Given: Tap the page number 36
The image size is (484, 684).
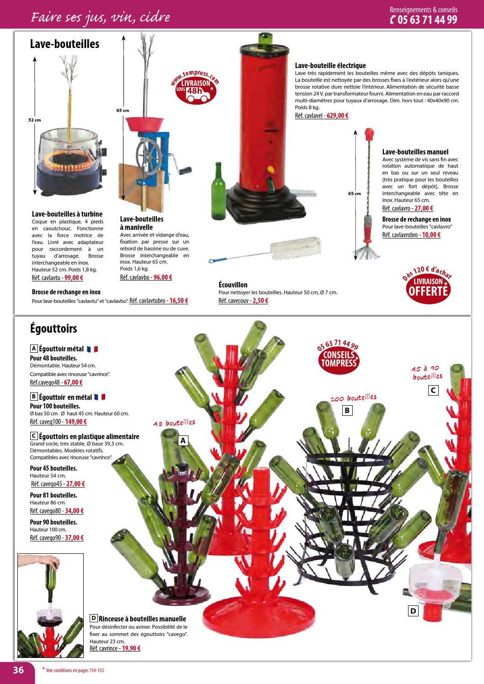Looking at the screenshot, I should tap(18, 670).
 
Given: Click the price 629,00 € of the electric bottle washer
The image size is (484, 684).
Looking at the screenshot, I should tap(337, 116).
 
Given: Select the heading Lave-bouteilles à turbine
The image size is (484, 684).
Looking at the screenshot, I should tap(67, 214).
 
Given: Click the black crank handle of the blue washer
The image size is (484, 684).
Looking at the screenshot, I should tap(183, 170).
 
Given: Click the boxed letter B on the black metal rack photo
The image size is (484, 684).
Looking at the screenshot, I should tap(347, 410).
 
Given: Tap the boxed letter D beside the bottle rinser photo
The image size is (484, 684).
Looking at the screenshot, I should tap(413, 610).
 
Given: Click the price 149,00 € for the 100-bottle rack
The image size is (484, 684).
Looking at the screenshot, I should tap(75, 422).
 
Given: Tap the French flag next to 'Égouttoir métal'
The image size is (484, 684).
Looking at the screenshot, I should tap(92, 349).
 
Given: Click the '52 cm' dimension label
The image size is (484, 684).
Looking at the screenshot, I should tap(34, 120).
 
